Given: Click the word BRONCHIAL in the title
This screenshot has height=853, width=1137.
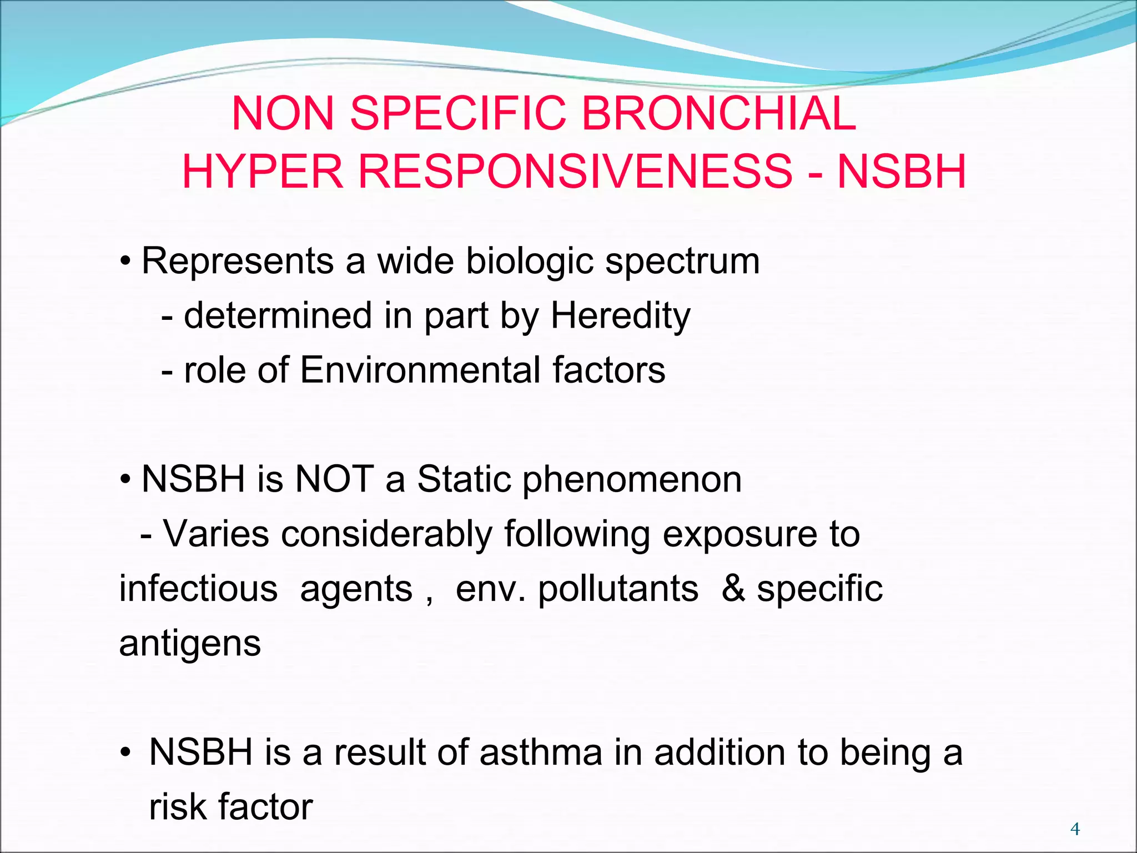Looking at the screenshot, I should point(718,114).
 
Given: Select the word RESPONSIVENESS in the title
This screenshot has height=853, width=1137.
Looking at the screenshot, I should point(575,172).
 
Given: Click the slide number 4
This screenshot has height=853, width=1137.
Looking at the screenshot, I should point(1075,829).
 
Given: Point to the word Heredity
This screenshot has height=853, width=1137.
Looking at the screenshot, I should point(620,316).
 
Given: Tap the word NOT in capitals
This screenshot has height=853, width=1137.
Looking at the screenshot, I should point(334,479).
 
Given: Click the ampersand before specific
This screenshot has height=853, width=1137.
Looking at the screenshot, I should point(733,589).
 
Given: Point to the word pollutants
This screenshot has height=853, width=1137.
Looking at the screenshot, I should point(618,589).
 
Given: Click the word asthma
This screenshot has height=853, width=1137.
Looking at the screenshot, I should point(541,752).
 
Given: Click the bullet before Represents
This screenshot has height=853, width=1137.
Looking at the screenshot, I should point(125,261).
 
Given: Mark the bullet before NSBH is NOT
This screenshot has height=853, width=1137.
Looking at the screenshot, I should point(125,479).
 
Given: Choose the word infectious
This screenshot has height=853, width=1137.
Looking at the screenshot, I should point(198,589).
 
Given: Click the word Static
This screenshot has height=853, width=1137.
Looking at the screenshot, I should point(464,479).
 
